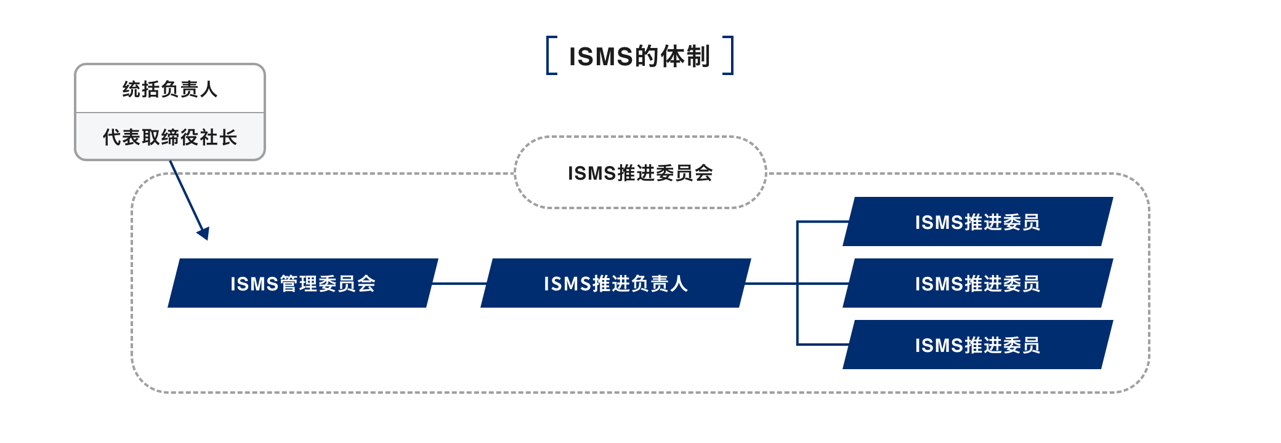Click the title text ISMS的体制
639,56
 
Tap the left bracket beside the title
551,55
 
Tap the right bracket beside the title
729,55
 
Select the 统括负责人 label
170,89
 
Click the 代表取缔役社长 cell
170,137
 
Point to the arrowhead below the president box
204,233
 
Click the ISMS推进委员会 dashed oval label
640,173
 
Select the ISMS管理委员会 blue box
303,283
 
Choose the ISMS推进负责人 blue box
616,283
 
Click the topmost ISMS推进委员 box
977,221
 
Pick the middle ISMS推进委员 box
977,283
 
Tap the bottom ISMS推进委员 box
977,345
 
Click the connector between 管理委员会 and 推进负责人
459,284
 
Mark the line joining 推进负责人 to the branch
771,284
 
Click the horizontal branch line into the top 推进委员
822,221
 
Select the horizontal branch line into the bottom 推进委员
822,345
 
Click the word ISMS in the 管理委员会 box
254,284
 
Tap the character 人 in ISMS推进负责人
679,284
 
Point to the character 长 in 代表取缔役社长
228,137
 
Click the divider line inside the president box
170,113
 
